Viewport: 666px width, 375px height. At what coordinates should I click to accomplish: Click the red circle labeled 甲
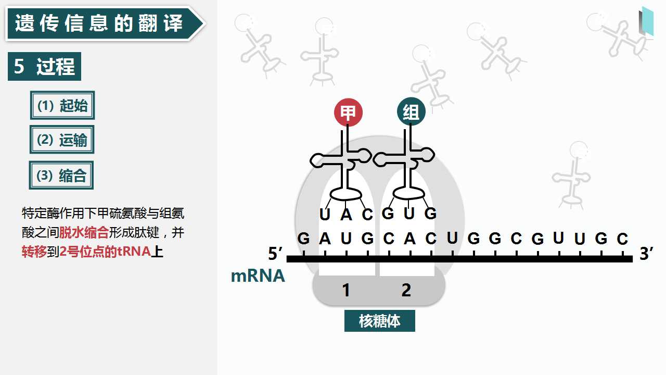(348, 113)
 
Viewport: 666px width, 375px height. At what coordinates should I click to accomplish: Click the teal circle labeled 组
(411, 111)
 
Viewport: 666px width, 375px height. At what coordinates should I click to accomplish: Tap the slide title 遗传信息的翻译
(99, 23)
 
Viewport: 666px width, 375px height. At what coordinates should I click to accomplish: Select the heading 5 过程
(44, 66)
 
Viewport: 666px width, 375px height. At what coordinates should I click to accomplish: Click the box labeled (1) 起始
(62, 105)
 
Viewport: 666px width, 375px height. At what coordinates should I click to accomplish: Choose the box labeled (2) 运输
(62, 140)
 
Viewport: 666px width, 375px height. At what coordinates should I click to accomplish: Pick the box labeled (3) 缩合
(61, 176)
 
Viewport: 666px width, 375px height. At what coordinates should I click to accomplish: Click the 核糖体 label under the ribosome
(380, 321)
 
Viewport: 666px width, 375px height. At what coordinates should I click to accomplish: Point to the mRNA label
(258, 276)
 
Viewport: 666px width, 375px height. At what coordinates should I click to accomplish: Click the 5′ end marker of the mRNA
(275, 253)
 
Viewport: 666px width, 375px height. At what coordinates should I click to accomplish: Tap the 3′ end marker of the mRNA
(646, 253)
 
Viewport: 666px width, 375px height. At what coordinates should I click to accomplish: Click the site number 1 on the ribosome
(346, 290)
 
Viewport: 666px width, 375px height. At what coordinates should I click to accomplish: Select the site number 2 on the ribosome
(406, 290)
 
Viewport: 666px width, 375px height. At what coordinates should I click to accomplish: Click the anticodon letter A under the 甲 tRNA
(346, 214)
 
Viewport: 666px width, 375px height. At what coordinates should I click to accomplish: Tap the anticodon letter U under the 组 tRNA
(409, 214)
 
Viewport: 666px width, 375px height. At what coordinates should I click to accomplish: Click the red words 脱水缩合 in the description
(84, 232)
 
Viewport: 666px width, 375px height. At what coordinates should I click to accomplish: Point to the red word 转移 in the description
(34, 252)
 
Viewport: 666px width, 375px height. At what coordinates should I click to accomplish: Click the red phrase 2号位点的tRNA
(105, 252)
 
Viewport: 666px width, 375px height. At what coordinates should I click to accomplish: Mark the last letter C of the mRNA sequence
(622, 239)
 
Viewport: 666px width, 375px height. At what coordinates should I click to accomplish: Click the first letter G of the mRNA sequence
(303, 239)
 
